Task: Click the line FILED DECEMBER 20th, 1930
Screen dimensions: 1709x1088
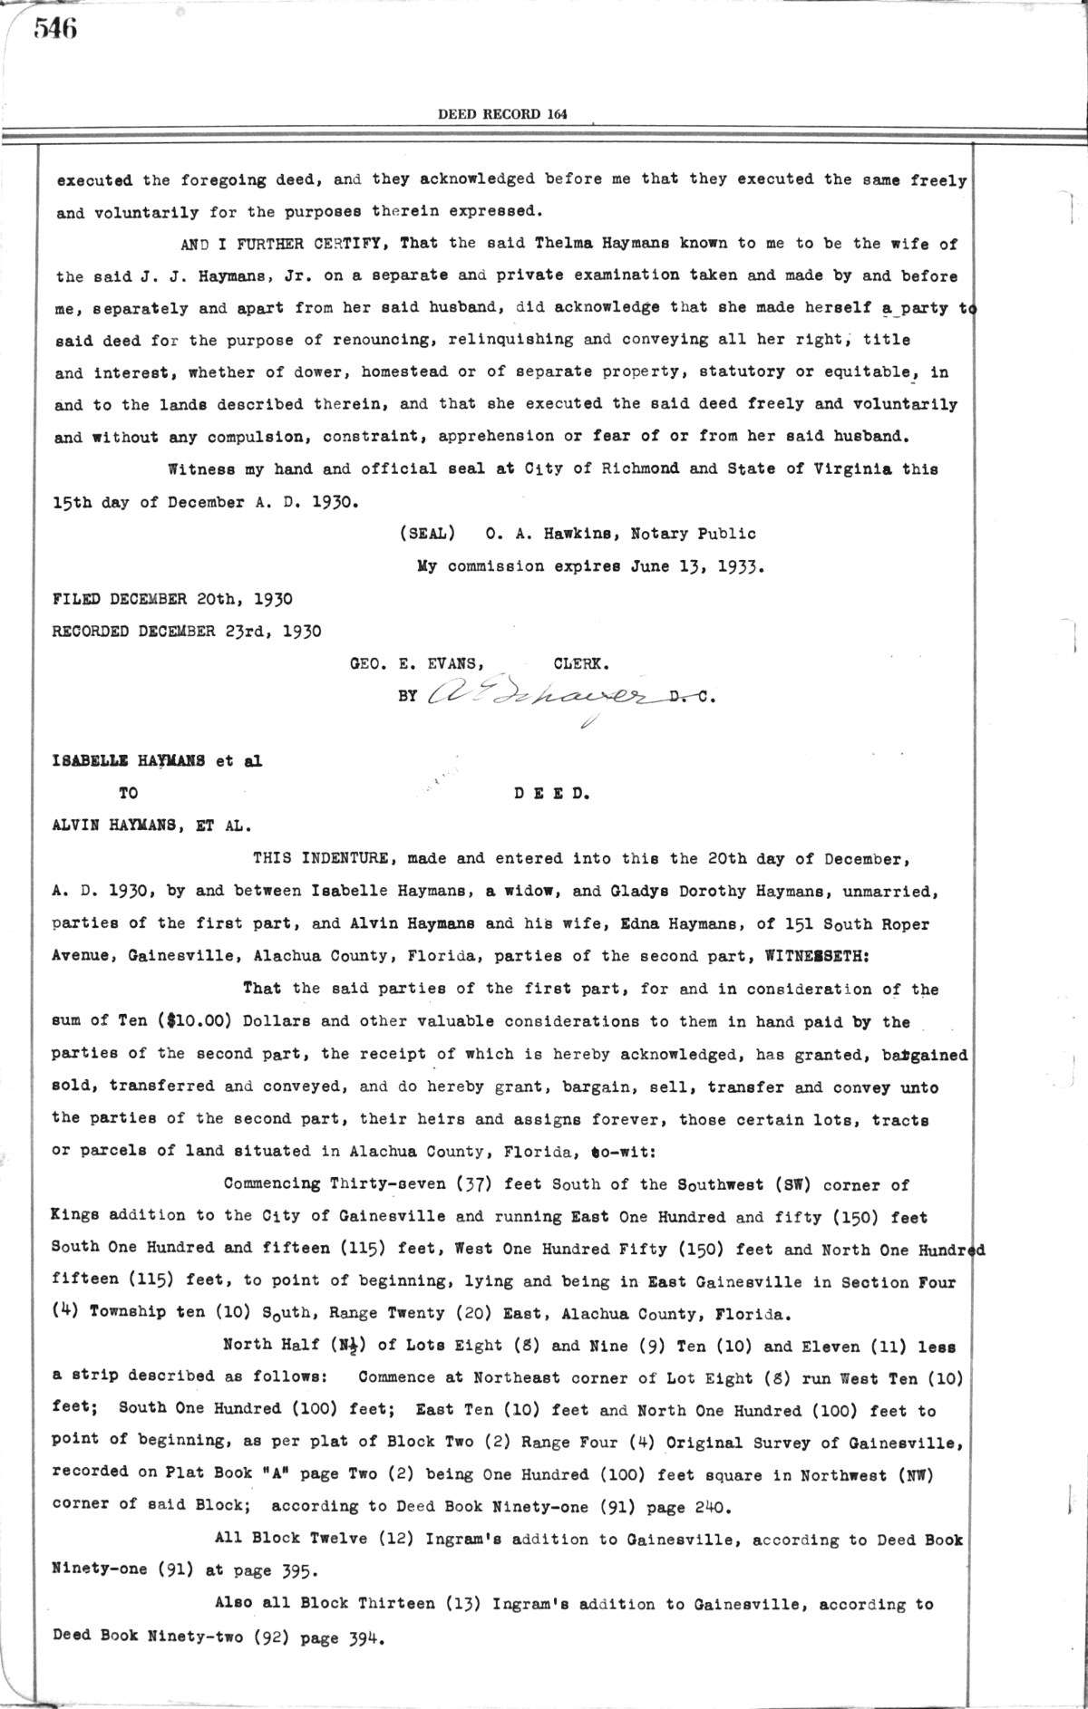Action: [173, 599]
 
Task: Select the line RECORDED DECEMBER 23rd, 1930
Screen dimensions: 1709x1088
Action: [187, 632]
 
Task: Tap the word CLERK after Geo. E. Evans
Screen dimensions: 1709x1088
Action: [580, 664]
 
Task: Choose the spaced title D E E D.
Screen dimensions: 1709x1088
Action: [552, 794]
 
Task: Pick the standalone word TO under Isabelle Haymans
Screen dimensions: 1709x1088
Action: [129, 794]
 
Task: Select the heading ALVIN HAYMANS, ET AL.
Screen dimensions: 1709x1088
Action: [151, 826]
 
